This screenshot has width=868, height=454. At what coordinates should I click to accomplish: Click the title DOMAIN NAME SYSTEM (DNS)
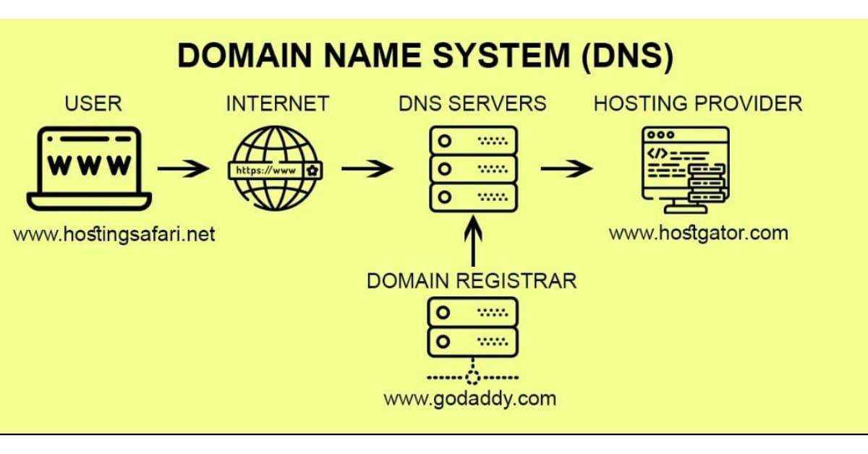425,57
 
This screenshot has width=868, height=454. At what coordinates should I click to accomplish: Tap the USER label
93,103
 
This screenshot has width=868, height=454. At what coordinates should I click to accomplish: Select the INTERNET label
277,103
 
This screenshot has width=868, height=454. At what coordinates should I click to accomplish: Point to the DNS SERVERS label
472,103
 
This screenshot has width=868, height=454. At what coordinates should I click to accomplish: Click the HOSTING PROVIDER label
698,103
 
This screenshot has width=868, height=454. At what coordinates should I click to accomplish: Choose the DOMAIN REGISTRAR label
472,280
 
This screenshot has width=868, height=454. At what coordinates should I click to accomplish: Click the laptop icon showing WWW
89,168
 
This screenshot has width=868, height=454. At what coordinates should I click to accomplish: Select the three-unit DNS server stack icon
474,168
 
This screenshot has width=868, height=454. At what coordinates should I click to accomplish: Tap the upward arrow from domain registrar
474,243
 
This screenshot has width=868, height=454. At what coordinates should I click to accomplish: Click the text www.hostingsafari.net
114,235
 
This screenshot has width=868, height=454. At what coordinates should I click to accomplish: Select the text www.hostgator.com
698,233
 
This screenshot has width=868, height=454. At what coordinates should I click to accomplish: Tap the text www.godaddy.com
470,398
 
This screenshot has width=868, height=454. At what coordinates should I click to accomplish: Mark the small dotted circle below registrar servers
474,377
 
